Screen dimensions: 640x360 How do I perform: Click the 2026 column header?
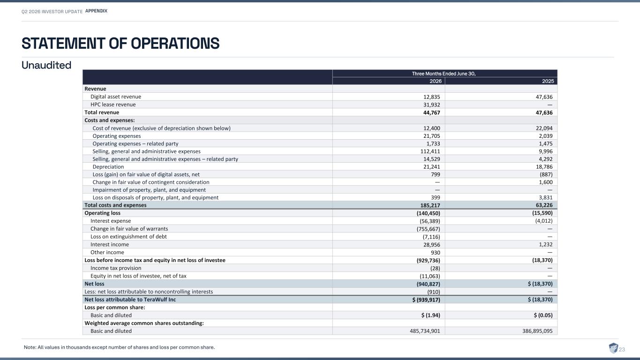[x=436, y=81]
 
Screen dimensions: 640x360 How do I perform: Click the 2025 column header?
[x=548, y=81]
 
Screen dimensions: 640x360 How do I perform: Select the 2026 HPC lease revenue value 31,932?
[x=431, y=105]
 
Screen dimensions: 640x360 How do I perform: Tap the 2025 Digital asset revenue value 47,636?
[x=544, y=97]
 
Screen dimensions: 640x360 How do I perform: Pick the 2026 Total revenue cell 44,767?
[x=431, y=112]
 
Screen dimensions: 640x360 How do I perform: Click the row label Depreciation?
[x=108, y=167]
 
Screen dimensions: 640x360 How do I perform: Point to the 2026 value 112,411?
[x=430, y=151]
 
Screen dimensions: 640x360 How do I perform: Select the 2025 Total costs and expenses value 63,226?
[x=544, y=205]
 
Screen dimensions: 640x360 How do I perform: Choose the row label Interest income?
[x=109, y=245]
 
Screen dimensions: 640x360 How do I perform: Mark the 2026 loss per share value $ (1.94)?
[x=430, y=315]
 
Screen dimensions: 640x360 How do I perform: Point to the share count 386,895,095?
[x=537, y=331]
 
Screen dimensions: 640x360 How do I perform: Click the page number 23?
[x=622, y=349]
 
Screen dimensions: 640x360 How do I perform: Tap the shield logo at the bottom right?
[x=613, y=348]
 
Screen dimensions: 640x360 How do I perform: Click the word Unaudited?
[x=46, y=65]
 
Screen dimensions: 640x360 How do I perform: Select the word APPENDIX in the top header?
[x=96, y=11]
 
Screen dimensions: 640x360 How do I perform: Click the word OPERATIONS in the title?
[x=175, y=44]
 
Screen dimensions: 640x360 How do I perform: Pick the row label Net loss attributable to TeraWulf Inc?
[x=130, y=300]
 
